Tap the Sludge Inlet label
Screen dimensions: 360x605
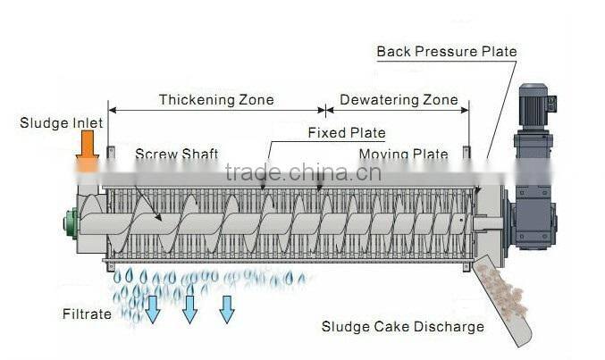(x=62, y=122)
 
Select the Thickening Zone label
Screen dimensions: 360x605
(x=216, y=99)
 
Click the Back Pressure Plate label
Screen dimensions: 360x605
(x=446, y=51)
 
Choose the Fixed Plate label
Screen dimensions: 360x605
(x=346, y=133)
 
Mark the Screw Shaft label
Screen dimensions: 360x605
(x=176, y=154)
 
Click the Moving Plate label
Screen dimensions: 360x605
(x=403, y=155)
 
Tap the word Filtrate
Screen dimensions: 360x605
(x=87, y=314)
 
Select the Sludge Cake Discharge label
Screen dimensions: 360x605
(x=402, y=326)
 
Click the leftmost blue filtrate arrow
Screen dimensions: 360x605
(x=152, y=308)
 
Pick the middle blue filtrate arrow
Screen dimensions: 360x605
(x=189, y=308)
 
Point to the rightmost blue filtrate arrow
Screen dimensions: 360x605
(x=227, y=308)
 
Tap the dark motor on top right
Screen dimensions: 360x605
(x=533, y=105)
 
